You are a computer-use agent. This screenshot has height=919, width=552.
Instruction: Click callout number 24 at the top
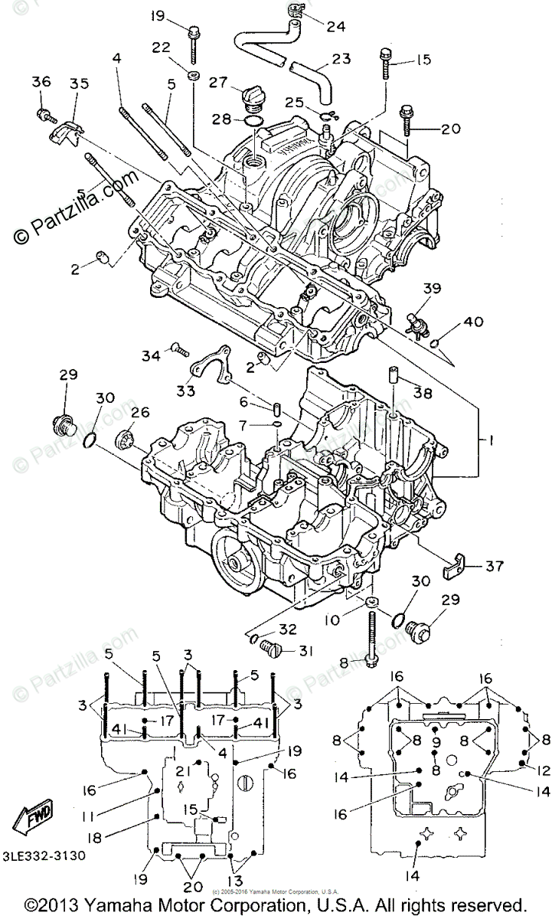tap(336, 25)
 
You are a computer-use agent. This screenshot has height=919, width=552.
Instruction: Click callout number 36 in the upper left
tap(41, 82)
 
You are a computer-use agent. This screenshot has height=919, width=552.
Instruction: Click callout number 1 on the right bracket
tap(483, 441)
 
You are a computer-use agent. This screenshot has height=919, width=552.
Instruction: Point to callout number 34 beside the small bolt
tap(151, 355)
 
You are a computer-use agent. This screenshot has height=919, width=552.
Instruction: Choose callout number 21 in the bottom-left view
tap(181, 770)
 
